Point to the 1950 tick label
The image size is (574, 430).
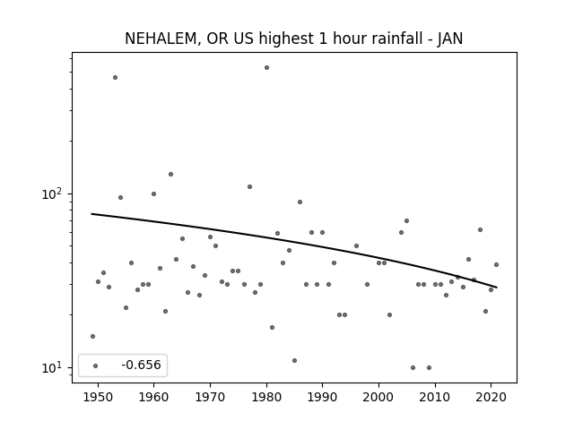98,397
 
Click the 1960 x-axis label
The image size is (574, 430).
153,397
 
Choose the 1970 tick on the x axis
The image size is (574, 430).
210,397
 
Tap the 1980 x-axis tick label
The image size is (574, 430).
266,397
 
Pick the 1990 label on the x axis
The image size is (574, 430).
323,397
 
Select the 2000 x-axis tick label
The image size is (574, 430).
378,397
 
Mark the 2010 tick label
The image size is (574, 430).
435,397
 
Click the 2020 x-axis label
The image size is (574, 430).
491,397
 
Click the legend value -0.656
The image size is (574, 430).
141,365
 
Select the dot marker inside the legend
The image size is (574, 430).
96,365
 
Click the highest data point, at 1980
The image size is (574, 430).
267,68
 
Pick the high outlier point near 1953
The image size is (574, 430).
116,78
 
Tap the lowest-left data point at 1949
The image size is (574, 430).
92,337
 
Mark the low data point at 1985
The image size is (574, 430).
295,360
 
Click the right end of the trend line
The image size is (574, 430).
496,288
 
